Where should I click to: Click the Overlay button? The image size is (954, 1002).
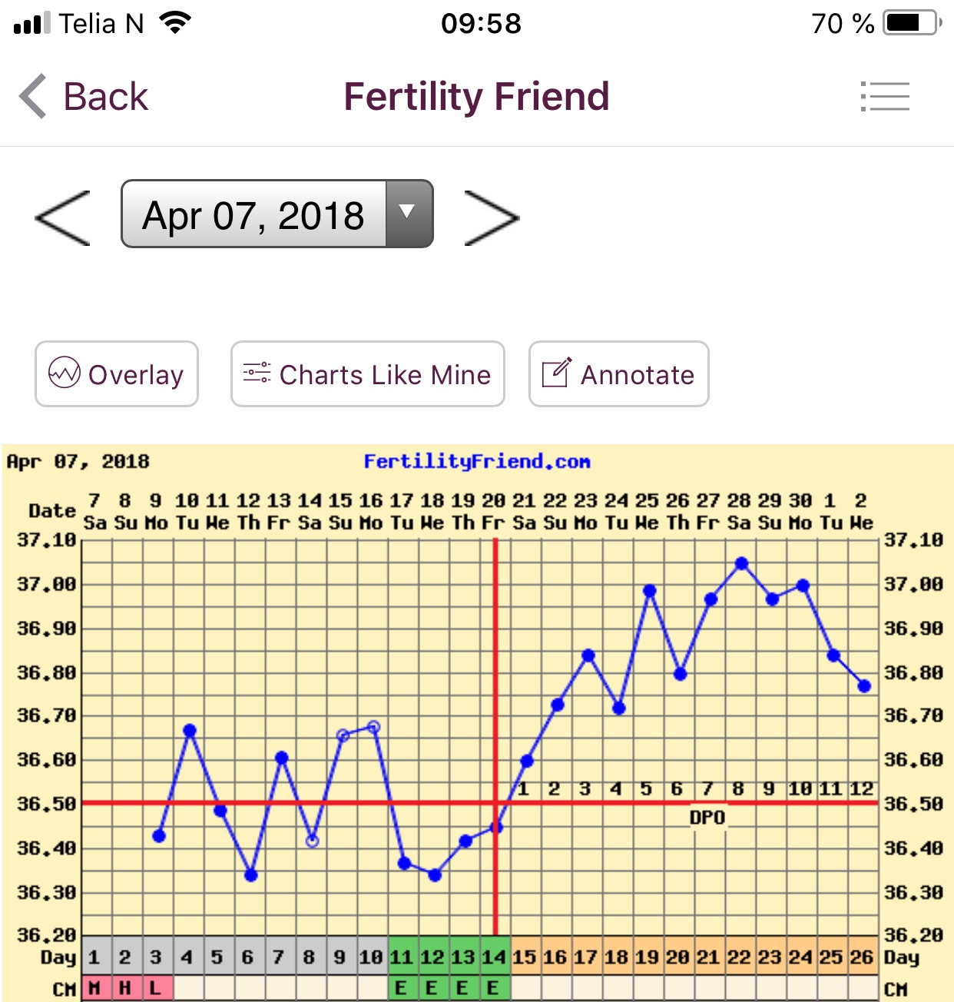point(117,374)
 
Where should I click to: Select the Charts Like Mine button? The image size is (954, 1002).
point(368,374)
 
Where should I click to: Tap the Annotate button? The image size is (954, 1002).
point(618,374)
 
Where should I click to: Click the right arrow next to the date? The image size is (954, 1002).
point(492,218)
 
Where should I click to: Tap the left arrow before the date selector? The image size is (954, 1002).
point(63,218)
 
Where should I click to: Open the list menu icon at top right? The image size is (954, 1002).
point(885,97)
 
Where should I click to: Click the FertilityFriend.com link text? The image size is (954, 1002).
point(477,462)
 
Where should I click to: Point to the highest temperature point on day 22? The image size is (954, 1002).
point(741,564)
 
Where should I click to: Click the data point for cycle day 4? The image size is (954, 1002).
point(190,730)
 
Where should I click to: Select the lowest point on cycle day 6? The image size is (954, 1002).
point(250,875)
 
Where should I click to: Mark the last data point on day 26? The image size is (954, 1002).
point(864,686)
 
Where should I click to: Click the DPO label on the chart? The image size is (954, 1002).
point(707,818)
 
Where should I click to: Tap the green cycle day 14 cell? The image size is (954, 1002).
point(495,957)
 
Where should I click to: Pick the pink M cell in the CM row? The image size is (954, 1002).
point(94,988)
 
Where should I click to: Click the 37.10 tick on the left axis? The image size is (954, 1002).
point(47,540)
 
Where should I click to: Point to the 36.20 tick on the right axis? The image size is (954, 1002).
point(913,935)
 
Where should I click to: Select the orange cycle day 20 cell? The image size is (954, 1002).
point(677,957)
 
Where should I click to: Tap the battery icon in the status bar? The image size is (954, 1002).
point(912,23)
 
